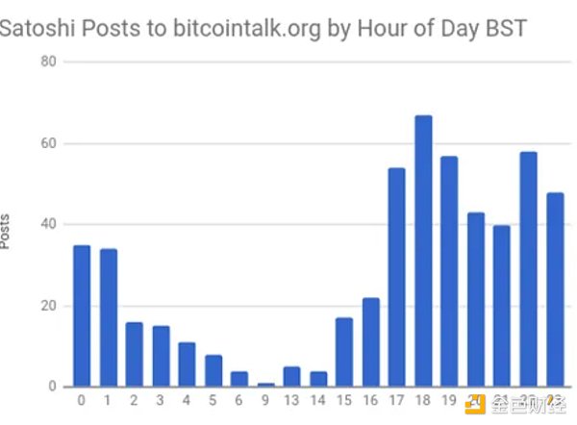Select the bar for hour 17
point(396,278)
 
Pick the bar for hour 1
point(108,318)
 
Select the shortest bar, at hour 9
point(265,386)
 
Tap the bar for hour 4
point(187,365)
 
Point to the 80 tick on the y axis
point(46,62)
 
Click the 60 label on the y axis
point(46,143)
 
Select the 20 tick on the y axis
point(46,306)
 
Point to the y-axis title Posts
point(8,232)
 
